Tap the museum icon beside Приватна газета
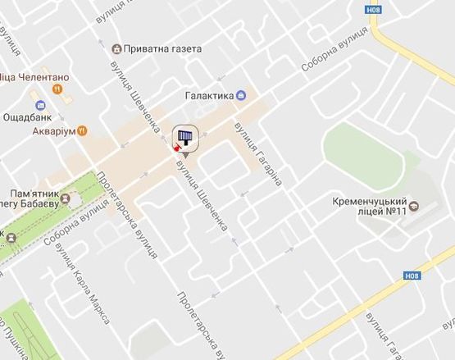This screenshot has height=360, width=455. point(117,49)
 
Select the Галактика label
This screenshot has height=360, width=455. point(209,96)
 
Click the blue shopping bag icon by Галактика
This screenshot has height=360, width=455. point(240,96)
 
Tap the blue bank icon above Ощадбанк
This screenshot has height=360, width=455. point(39,104)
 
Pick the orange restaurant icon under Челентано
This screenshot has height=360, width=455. point(56,88)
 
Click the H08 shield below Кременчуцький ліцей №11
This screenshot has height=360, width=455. point(412,276)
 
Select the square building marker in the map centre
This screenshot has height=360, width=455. point(186,137)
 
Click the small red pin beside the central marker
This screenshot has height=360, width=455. point(175,148)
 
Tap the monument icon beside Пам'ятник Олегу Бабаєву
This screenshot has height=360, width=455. point(66,198)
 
